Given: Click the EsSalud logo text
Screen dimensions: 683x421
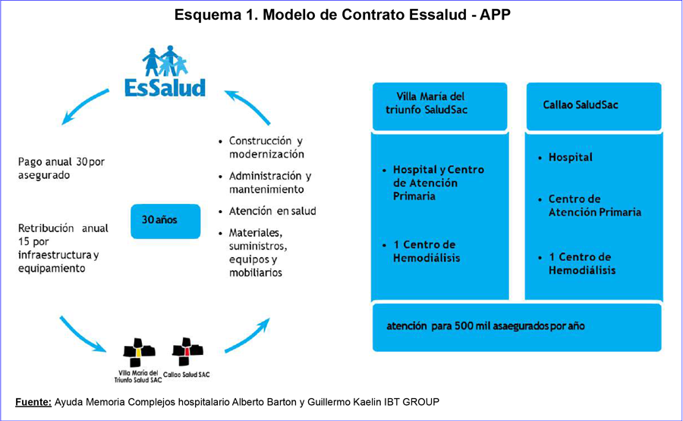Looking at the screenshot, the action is pyautogui.click(x=165, y=87).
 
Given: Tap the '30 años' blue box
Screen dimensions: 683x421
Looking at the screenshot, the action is pyautogui.click(x=165, y=221).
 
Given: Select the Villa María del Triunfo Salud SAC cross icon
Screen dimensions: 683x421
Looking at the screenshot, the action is pyautogui.click(x=139, y=352).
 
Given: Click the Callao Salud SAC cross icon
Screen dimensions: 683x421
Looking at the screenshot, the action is pyautogui.click(x=187, y=351).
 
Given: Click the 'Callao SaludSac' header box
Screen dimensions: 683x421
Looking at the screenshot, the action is pyautogui.click(x=593, y=106).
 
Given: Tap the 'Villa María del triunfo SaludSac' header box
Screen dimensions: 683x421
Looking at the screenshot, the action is pyautogui.click(x=440, y=106).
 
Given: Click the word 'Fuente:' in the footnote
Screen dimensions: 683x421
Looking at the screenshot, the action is pyautogui.click(x=33, y=402).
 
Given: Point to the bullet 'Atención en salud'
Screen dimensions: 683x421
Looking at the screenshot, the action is pyautogui.click(x=272, y=211).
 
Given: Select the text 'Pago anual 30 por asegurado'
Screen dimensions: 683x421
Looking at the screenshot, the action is pyautogui.click(x=61, y=168).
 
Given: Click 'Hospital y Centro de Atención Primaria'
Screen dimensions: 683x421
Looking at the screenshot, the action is pyautogui.click(x=438, y=183).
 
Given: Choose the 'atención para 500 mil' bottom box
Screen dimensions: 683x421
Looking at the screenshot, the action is pyautogui.click(x=517, y=327).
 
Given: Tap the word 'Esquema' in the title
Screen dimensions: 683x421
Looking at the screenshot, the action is pyautogui.click(x=206, y=15).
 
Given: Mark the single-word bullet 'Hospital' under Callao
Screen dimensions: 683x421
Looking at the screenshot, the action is pyautogui.click(x=570, y=157).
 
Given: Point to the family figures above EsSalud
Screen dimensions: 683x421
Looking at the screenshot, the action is pyautogui.click(x=165, y=61).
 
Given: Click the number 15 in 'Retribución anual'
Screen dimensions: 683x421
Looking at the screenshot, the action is pyautogui.click(x=24, y=242).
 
